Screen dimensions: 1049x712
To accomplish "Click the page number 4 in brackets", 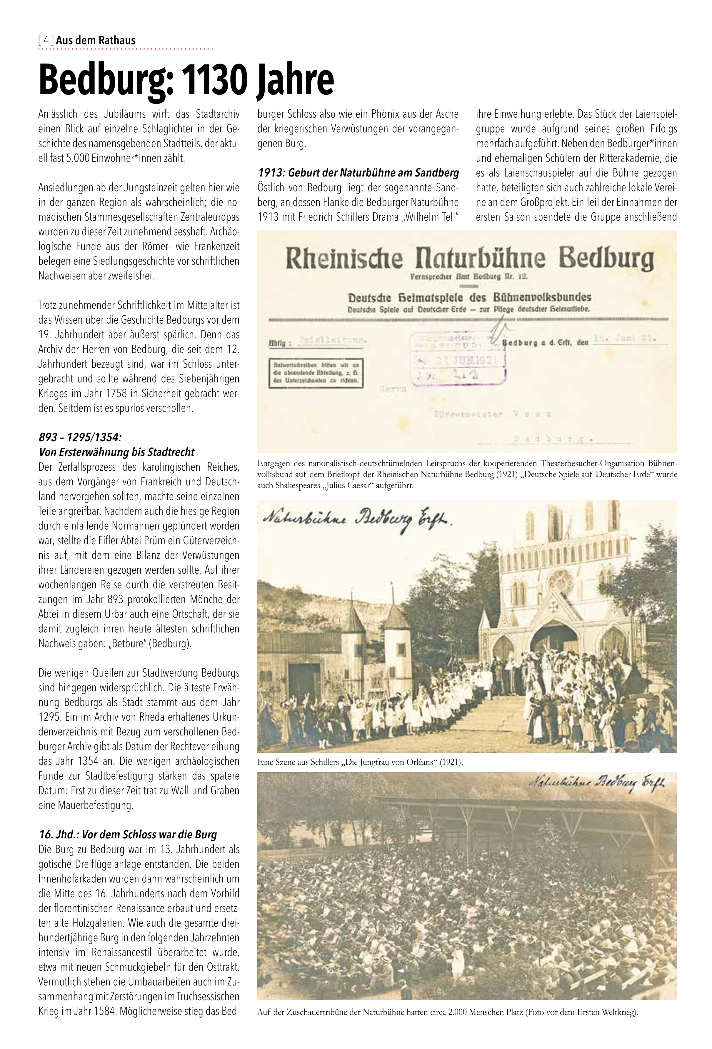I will (46, 41).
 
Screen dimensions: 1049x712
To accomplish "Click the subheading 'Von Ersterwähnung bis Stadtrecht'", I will (116, 452).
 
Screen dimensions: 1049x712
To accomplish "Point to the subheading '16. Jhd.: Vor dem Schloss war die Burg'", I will (128, 835).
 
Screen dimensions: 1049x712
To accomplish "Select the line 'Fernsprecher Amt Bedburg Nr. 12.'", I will (469, 276).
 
